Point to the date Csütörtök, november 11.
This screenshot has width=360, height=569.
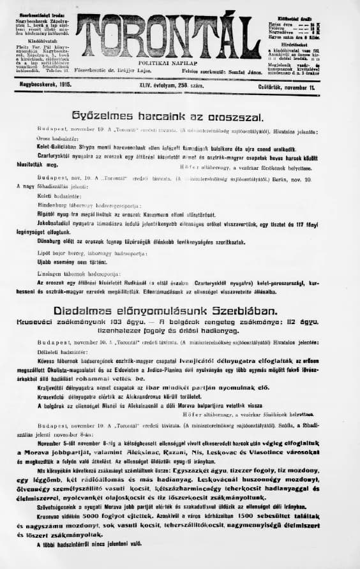point(317,83)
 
